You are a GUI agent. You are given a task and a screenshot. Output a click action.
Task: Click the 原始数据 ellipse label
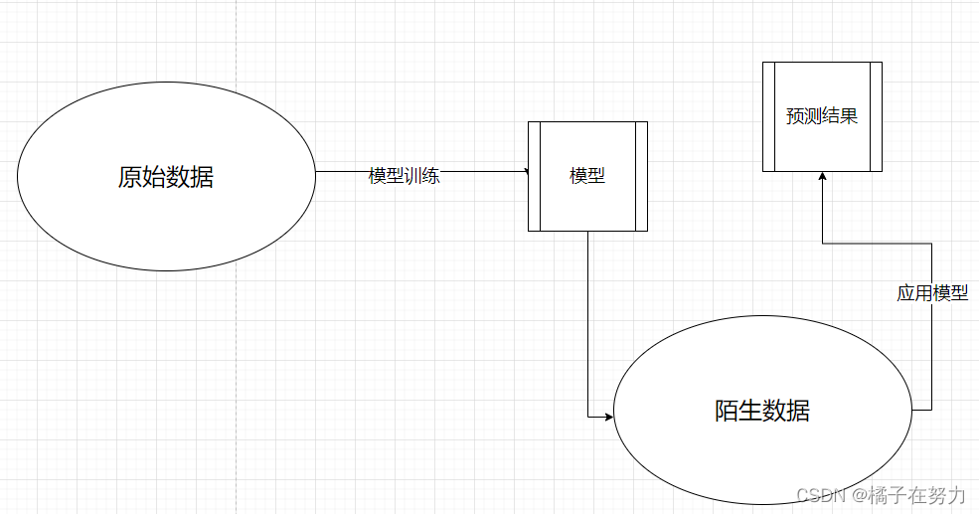coord(165,178)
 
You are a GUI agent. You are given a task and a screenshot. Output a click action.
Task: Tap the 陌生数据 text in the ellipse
coord(761,411)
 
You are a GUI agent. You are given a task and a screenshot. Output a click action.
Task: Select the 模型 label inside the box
coord(587,176)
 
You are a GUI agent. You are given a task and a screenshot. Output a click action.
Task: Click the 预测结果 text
coord(822,116)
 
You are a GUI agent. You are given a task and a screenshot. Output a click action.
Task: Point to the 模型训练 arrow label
coord(404,176)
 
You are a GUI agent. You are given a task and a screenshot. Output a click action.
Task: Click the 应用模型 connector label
coord(932,293)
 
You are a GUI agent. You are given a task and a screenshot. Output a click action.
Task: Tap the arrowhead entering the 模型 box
coord(525,172)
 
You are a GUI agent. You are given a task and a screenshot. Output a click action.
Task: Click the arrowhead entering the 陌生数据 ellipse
coord(609,417)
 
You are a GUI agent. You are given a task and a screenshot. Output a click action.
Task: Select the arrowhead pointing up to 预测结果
coord(822,176)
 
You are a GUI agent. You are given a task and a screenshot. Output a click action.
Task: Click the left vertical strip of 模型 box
coord(534,176)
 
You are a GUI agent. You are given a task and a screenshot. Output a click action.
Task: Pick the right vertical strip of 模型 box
coord(641,176)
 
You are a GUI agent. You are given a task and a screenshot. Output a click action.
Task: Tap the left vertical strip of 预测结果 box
coord(768,116)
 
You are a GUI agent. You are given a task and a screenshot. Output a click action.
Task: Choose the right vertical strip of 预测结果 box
coord(876,116)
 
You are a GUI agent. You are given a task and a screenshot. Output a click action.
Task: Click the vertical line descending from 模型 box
coord(587,318)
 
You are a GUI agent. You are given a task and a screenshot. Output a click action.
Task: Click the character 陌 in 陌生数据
coord(726,411)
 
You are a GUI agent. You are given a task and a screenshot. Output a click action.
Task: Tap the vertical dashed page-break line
coord(237,298)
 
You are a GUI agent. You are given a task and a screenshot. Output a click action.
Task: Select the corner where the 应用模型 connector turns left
coord(931,243)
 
